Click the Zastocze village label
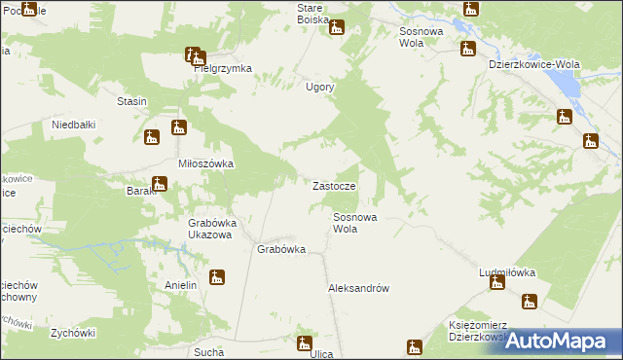pyautogui.click(x=340, y=185)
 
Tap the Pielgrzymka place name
pyautogui.click(x=222, y=69)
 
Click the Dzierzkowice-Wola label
pyautogui.click(x=533, y=64)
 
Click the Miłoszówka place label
pyautogui.click(x=205, y=163)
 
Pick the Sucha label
pyautogui.click(x=209, y=351)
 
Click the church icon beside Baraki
pyautogui.click(x=160, y=182)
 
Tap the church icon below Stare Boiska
pyautogui.click(x=337, y=27)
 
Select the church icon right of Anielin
pyautogui.click(x=217, y=278)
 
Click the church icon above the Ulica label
pyautogui.click(x=304, y=342)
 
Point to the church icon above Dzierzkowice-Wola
pyautogui.click(x=467, y=48)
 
